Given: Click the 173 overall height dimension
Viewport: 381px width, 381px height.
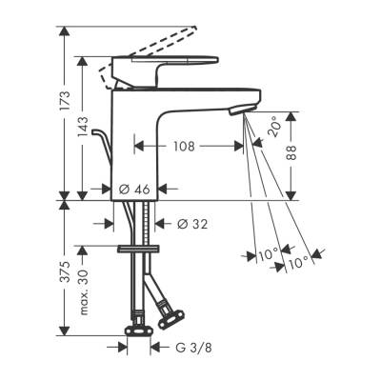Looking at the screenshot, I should (x=65, y=98).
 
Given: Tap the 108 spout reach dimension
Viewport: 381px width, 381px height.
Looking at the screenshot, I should (x=185, y=147).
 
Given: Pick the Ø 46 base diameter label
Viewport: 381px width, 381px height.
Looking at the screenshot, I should (x=138, y=189).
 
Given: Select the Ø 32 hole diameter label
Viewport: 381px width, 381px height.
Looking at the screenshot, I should (x=194, y=225).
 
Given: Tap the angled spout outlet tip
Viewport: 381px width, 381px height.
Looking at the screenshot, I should (x=246, y=110).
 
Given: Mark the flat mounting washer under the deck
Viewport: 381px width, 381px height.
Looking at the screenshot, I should (x=137, y=249).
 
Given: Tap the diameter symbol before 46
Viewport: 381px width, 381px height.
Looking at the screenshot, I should (x=126, y=189).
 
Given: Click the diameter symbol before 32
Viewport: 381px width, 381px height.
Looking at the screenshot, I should (x=183, y=225).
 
